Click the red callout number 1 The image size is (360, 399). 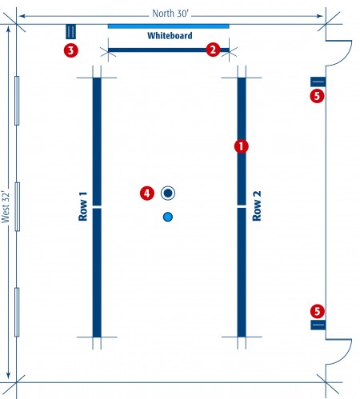click(x=241, y=146)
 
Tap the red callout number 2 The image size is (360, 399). click(x=213, y=50)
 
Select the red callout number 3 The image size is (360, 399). click(x=71, y=50)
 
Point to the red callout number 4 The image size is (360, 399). click(x=147, y=193)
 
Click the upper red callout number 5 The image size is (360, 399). click(x=317, y=96)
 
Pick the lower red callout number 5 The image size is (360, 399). click(x=317, y=311)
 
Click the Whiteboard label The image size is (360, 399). click(x=170, y=36)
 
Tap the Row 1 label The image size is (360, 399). click(x=82, y=206)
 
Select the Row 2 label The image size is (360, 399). click(x=257, y=205)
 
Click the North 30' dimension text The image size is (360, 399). click(x=170, y=14)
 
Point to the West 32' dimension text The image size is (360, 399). click(x=6, y=207)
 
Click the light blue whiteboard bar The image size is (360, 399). click(x=169, y=26)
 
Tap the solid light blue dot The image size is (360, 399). click(x=168, y=217)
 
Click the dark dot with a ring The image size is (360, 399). click(x=168, y=193)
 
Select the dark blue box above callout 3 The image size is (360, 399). click(x=71, y=31)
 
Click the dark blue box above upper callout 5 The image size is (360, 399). click(x=318, y=82)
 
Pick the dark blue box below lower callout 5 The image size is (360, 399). click(x=318, y=325)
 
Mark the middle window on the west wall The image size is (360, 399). click(x=17, y=206)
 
